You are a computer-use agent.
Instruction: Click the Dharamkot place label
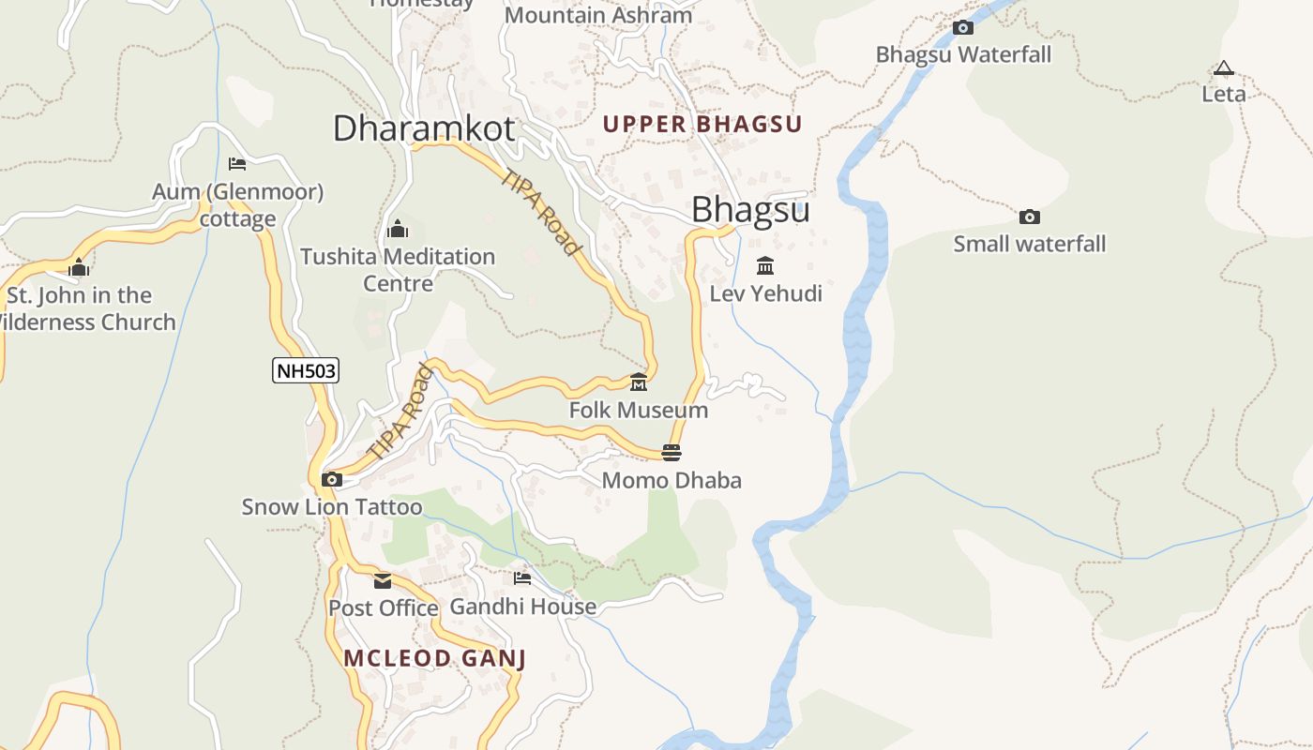424,128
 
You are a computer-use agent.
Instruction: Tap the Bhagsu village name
750,210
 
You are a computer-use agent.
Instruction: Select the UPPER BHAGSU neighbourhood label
702,124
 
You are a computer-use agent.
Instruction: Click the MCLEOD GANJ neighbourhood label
434,658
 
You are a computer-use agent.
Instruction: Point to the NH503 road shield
306,371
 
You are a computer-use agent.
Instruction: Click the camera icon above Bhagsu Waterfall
963,28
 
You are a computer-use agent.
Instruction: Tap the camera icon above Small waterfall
1030,217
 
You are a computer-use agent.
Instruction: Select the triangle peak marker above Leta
1223,68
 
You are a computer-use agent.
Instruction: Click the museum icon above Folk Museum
639,382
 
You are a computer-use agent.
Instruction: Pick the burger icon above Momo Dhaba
672,453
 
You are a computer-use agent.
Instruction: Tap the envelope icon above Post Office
383,581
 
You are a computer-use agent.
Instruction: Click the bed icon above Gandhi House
522,578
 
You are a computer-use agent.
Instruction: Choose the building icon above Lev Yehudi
765,265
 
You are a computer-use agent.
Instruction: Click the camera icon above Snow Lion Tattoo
331,480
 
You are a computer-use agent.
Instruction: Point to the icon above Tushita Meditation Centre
397,229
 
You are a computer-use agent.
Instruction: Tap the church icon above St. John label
79,268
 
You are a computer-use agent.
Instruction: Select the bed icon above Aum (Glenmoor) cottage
237,164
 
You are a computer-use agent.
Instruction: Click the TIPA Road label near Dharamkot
541,212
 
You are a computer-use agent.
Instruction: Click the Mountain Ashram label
598,15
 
